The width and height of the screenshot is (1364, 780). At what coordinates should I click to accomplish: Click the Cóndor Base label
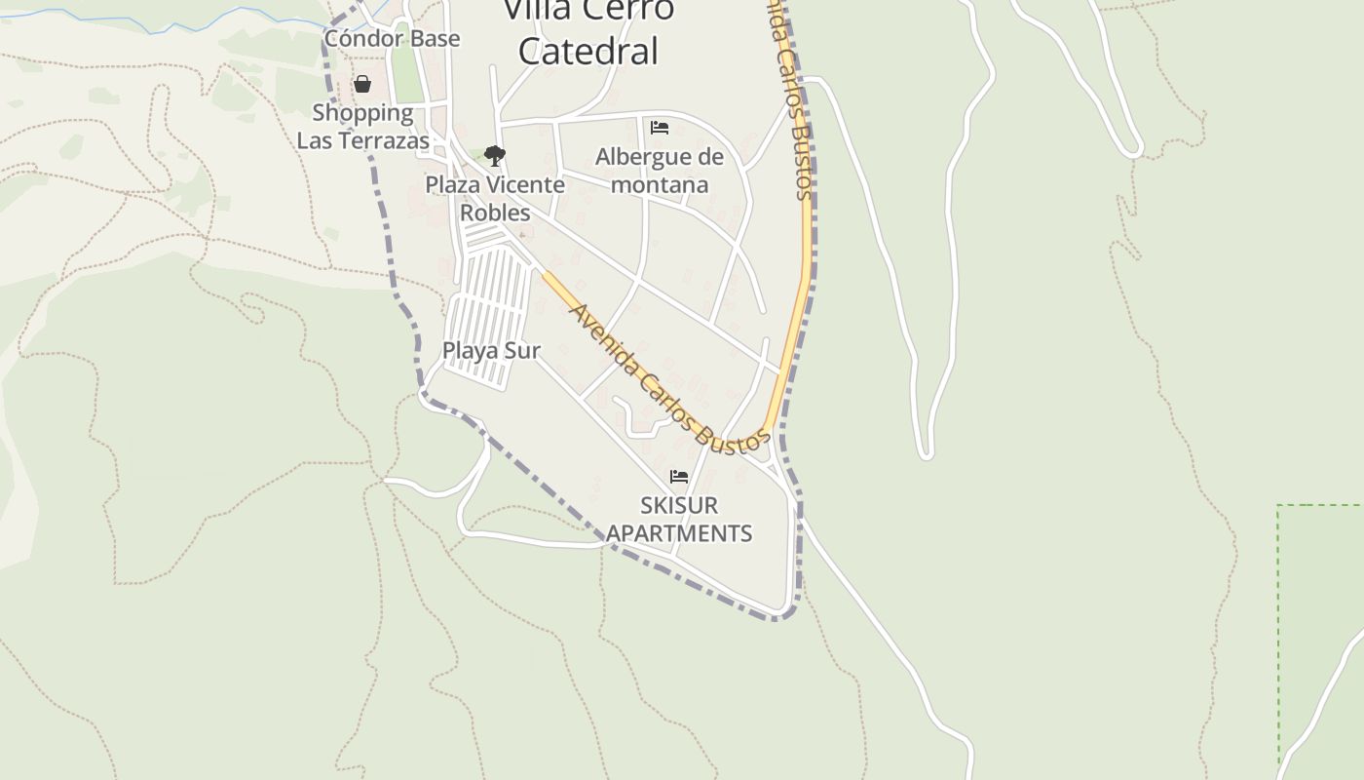tap(392, 39)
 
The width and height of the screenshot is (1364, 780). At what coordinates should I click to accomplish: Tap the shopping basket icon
tap(362, 85)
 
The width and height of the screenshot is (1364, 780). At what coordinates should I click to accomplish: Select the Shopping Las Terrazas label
tap(362, 127)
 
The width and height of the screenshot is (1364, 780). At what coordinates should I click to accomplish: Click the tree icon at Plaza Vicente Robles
tap(495, 155)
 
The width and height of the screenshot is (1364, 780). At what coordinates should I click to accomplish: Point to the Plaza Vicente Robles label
tap(495, 198)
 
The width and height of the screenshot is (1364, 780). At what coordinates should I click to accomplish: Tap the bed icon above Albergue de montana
tap(660, 128)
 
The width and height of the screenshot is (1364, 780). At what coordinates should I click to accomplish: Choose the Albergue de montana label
tap(660, 171)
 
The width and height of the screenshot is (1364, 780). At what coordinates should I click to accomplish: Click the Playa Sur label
tap(491, 351)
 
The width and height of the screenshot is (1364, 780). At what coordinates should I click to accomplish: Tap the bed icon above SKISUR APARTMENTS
tap(679, 477)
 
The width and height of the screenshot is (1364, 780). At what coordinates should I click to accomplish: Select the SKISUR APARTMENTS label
tap(679, 519)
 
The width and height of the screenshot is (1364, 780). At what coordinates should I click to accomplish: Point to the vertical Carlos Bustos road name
tap(790, 97)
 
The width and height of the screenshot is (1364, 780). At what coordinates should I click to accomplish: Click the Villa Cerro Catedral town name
tap(588, 29)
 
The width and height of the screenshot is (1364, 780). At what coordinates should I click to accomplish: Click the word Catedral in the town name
tap(588, 51)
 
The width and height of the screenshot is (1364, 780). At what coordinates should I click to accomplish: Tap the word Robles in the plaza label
tap(495, 213)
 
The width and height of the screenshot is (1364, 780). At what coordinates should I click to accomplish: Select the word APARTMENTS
tap(679, 533)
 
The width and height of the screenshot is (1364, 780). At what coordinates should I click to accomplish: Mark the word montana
tap(660, 184)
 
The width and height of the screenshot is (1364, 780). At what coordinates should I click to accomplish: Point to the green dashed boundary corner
tap(1279, 506)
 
